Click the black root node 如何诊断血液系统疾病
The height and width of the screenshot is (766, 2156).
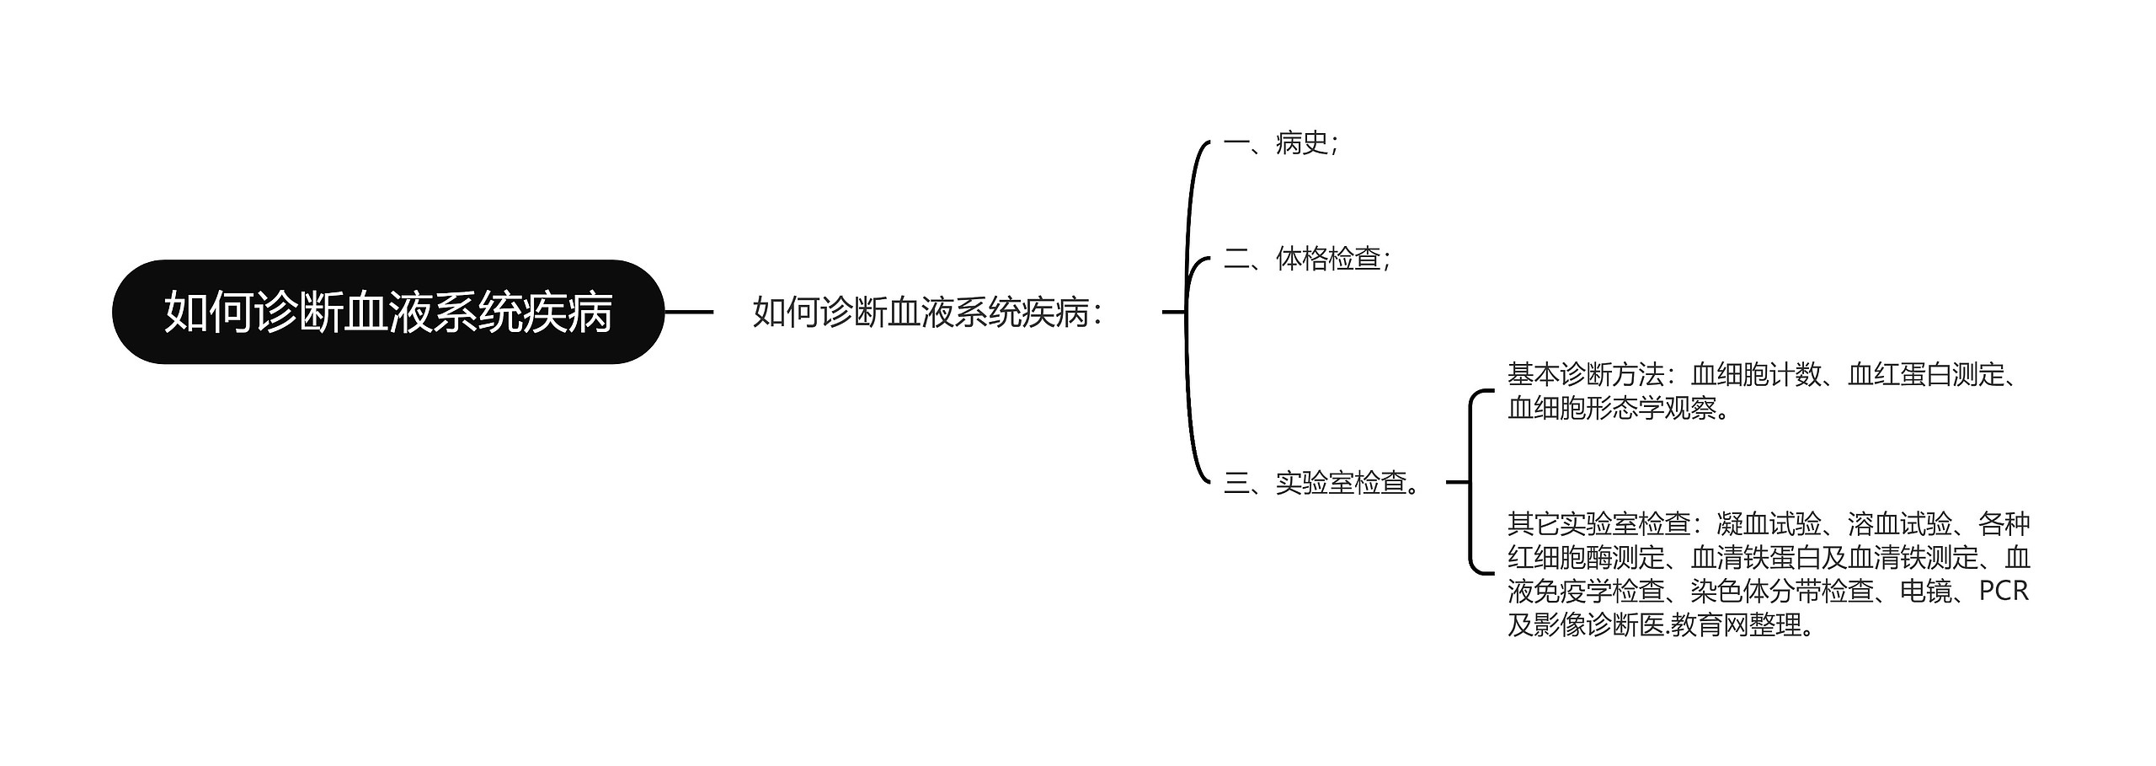click(387, 312)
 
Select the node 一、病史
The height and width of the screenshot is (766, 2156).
click(1280, 143)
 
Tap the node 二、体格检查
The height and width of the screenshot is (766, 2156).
click(1306, 258)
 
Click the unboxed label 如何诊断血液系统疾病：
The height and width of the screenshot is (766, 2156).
click(927, 312)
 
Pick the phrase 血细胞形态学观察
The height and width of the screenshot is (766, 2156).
click(1612, 408)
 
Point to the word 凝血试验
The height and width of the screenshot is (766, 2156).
click(1769, 524)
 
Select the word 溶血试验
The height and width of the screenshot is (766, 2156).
click(1899, 524)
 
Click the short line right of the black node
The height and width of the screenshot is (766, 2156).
click(689, 312)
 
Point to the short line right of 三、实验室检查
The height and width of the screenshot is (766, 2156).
click(1457, 483)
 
